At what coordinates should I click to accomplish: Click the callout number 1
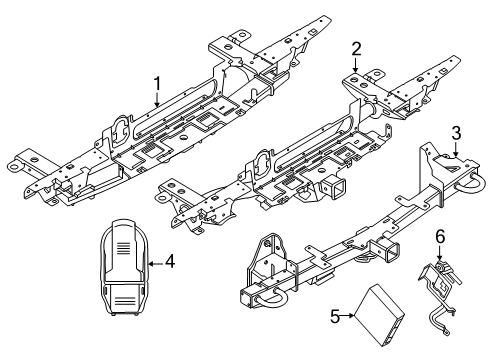tap(157, 84)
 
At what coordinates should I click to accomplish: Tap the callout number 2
tap(356, 49)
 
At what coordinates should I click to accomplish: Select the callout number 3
tap(456, 133)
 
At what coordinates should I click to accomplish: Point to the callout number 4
tap(170, 261)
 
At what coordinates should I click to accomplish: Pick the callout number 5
tap(335, 316)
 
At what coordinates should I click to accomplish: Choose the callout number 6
tap(440, 237)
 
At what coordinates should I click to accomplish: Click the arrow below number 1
tap(157, 99)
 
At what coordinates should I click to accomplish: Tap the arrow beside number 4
tap(156, 264)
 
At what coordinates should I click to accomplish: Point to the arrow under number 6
tap(440, 253)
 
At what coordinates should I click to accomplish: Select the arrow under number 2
tap(356, 65)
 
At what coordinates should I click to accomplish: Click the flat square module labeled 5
tap(379, 315)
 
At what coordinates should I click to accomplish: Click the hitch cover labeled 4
tap(124, 267)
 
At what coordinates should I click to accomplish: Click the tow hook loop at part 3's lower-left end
tap(271, 297)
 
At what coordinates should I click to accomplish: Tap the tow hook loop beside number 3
tap(470, 183)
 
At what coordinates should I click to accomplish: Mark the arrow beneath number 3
tap(456, 149)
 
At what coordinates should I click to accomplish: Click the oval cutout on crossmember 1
tap(120, 131)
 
